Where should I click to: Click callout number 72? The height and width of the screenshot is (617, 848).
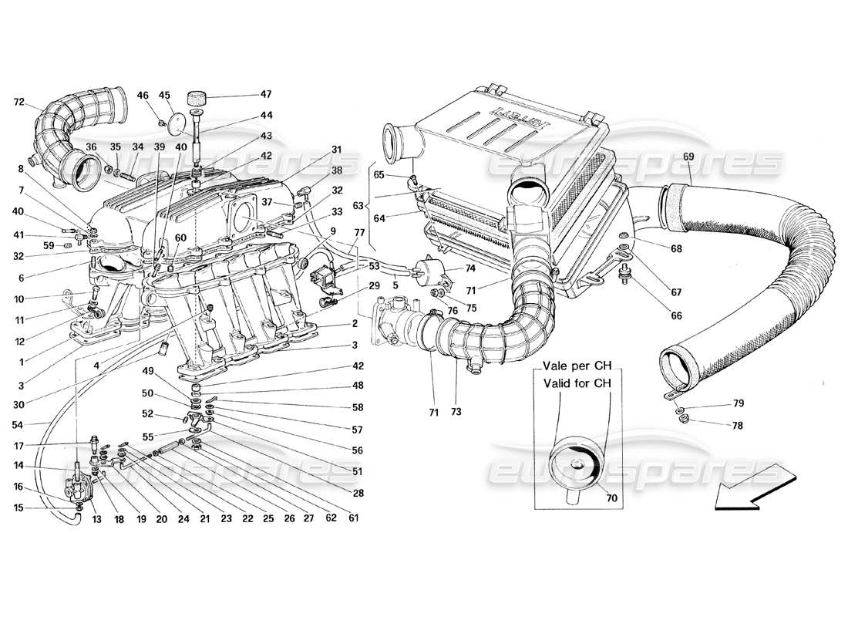19,102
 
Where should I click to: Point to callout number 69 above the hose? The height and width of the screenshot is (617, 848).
688,157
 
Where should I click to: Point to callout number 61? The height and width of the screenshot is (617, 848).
354,518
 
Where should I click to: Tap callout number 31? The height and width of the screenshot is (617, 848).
336,150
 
